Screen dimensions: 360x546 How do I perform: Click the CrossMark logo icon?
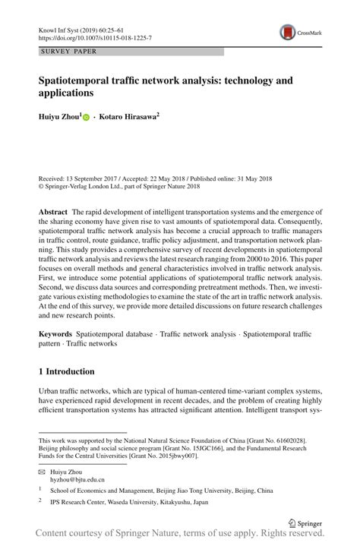pyautogui.click(x=288, y=30)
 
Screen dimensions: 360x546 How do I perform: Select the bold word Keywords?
pyautogui.click(x=56, y=335)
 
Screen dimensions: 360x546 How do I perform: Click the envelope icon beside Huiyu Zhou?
pyautogui.click(x=43, y=471)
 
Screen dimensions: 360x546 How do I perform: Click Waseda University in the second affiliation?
pyautogui.click(x=136, y=502)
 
